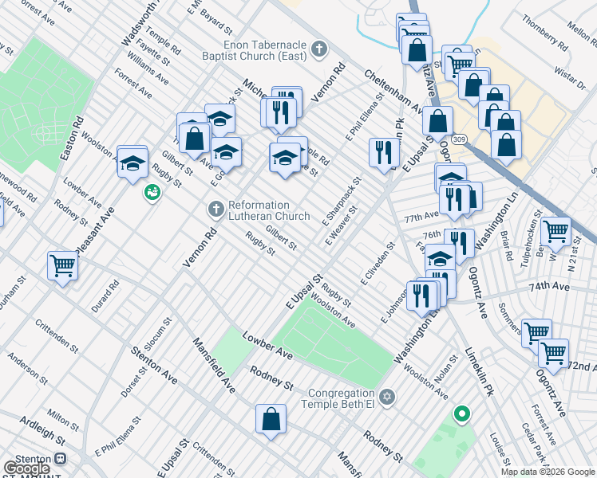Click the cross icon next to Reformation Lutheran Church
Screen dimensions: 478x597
(x=215, y=209)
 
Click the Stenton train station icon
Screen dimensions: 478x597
(x=59, y=460)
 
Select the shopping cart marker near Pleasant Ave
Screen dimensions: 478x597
(x=61, y=264)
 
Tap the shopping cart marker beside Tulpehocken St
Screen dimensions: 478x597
(x=555, y=230)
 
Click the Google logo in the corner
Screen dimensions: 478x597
(x=27, y=468)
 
